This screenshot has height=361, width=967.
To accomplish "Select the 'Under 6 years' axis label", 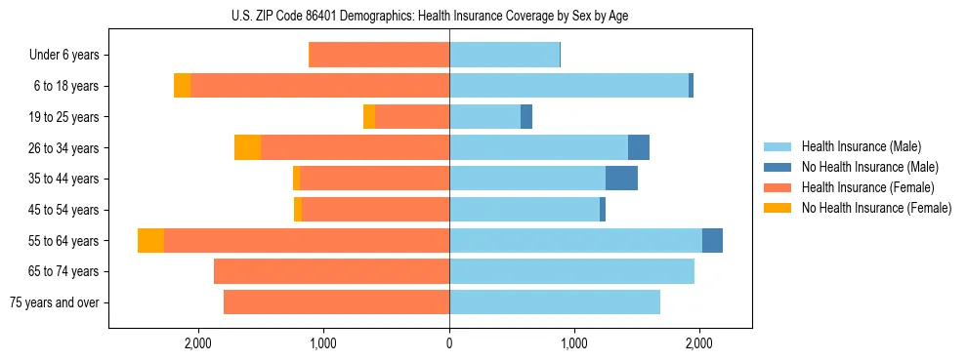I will [64, 56].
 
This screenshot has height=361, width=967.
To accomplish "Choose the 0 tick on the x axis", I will [449, 343].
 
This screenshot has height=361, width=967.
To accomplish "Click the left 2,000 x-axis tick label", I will [197, 343].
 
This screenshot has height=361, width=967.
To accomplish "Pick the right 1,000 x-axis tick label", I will [574, 343].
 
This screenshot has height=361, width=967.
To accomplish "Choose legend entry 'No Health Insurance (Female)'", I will [875, 208].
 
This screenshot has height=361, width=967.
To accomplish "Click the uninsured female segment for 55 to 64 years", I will [150, 241].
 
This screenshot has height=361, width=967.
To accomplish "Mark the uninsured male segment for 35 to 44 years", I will [621, 179].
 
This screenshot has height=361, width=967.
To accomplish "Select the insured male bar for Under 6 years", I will [504, 56].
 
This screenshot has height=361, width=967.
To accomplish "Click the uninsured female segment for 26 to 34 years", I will [247, 147].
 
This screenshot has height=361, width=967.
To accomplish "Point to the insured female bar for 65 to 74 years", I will [331, 271].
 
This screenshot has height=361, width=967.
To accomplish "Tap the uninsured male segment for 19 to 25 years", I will [526, 117].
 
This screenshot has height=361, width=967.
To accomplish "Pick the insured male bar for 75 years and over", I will [555, 302].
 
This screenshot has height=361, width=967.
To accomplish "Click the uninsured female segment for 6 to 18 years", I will [182, 86].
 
